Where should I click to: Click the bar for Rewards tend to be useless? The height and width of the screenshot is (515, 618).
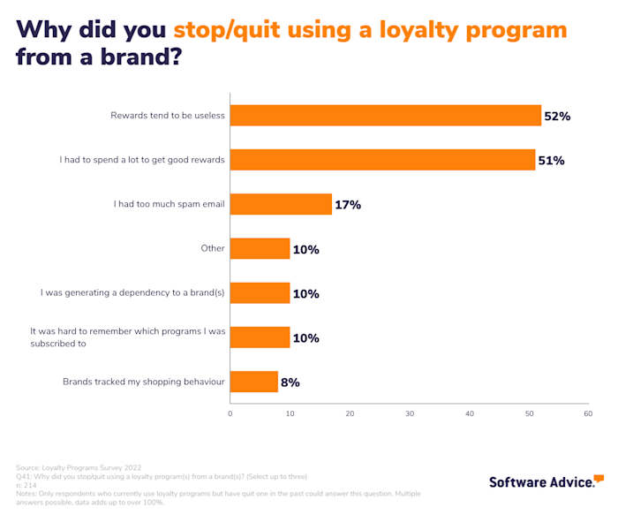point(385,116)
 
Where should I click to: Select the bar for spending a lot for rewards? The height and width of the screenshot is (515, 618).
point(382,160)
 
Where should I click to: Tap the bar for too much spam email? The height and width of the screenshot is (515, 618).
point(281,204)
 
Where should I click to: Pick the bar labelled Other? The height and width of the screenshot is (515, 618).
point(260,248)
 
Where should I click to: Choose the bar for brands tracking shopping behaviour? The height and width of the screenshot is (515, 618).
point(253,382)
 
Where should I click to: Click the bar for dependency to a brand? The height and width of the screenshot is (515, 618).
point(260,293)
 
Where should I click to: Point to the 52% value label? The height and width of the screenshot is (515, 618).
point(557,116)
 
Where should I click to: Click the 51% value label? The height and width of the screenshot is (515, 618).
point(551,160)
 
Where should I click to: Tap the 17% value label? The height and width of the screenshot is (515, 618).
point(347,205)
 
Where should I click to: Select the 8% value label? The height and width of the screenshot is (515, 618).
point(290,382)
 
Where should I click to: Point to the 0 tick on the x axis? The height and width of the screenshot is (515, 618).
point(230,413)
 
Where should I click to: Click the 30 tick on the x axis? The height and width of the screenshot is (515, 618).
point(410,413)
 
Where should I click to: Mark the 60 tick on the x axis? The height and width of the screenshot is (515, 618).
point(588,413)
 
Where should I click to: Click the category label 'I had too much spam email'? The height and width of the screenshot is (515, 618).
point(170,204)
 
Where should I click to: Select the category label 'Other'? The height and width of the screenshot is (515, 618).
point(213,248)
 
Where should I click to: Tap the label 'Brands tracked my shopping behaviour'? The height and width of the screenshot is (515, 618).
point(144,382)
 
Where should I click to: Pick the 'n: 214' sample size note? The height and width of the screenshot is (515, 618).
point(27,485)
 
